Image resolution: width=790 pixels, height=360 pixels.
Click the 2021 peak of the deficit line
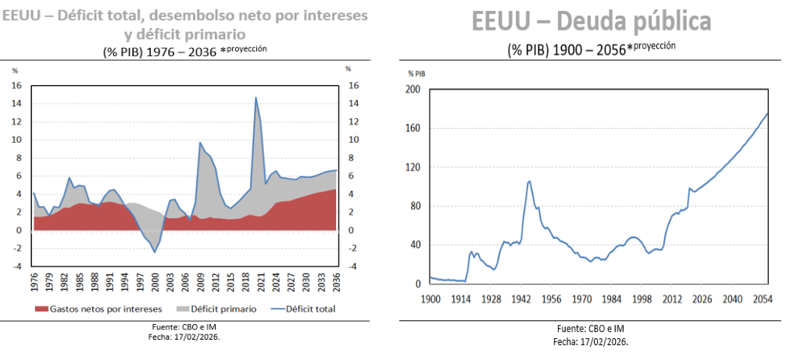(x=256, y=98)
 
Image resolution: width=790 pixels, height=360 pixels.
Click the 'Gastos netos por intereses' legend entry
(x=102, y=308)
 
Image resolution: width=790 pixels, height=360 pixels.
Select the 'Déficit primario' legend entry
(x=223, y=308)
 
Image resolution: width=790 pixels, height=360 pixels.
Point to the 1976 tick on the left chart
(x=34, y=280)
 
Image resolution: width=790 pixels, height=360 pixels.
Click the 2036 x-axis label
(x=337, y=280)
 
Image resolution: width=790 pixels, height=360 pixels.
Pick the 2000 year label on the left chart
(x=155, y=280)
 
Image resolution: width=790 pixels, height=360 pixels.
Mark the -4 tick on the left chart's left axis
(x=16, y=266)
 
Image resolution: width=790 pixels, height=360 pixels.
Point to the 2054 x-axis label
(x=762, y=299)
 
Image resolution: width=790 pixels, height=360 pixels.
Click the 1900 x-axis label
(x=431, y=299)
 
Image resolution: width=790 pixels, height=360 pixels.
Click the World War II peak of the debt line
(x=530, y=181)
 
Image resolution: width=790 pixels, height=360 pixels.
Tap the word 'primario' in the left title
(x=213, y=34)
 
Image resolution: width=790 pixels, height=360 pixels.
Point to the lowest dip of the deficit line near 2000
(x=155, y=251)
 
